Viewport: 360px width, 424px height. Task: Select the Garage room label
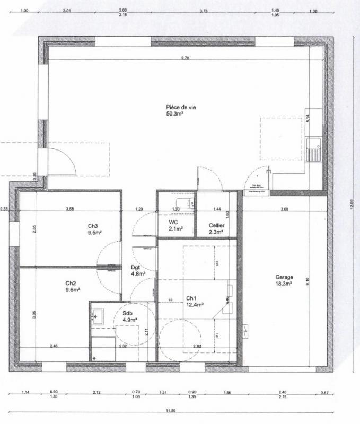click(x=284, y=277)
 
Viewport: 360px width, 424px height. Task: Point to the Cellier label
click(x=216, y=225)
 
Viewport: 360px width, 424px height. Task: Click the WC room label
click(x=173, y=222)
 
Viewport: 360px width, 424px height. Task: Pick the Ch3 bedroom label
click(x=93, y=226)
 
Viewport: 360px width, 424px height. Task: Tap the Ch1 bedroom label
click(x=191, y=298)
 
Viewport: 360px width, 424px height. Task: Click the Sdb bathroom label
click(x=127, y=314)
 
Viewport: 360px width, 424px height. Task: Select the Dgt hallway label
click(x=136, y=268)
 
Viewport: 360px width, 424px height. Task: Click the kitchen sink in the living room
click(x=314, y=144)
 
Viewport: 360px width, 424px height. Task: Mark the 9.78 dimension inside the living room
click(x=185, y=58)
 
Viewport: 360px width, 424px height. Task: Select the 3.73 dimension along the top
click(x=204, y=11)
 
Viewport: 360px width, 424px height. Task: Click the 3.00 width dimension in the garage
click(x=284, y=210)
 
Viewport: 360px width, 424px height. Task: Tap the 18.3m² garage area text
click(x=284, y=284)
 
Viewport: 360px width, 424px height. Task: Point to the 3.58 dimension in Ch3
click(x=69, y=210)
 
